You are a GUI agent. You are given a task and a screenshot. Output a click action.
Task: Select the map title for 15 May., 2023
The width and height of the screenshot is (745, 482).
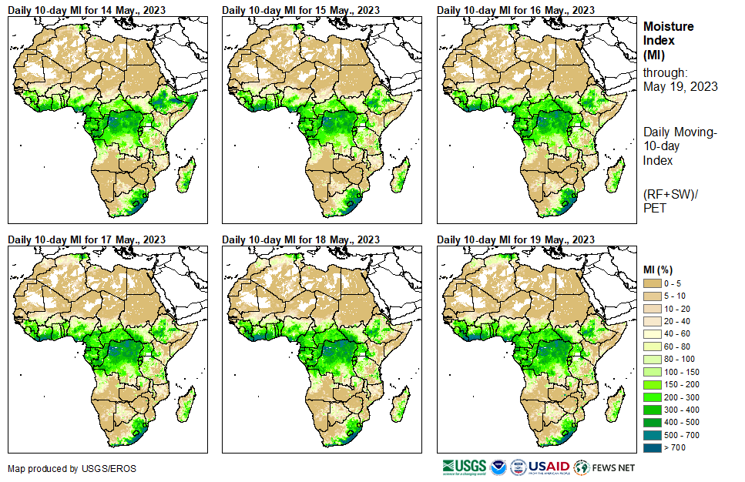(300, 10)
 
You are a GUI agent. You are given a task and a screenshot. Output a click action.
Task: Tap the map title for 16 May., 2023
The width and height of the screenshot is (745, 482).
(515, 10)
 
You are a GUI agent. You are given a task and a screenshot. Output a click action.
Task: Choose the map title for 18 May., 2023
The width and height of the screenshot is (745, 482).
(300, 239)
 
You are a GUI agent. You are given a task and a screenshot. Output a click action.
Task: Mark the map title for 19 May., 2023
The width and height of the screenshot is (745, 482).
(515, 239)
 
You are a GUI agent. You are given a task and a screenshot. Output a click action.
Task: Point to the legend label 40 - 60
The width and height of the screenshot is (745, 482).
(677, 334)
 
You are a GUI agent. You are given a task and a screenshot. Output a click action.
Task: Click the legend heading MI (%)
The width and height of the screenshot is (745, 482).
(659, 269)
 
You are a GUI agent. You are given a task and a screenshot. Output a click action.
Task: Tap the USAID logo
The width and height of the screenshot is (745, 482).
(549, 467)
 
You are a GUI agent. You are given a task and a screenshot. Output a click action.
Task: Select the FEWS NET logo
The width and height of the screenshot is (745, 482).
(605, 467)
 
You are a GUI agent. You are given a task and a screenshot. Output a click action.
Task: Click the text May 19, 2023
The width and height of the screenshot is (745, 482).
(680, 86)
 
